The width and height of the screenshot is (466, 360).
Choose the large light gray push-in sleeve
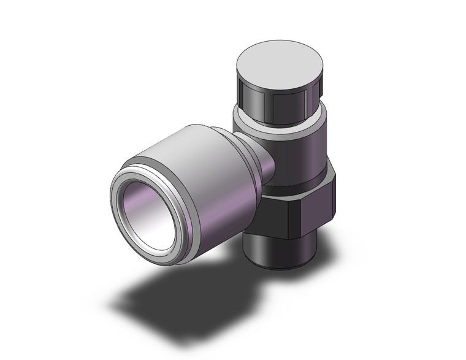pos(196,178)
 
